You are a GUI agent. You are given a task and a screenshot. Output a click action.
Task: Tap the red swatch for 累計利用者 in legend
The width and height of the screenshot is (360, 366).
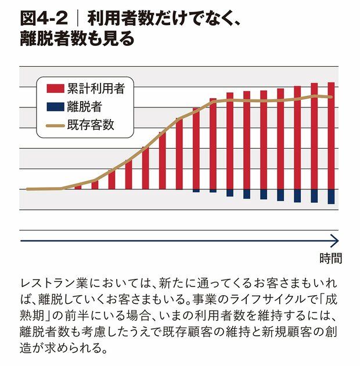[x=55, y=88]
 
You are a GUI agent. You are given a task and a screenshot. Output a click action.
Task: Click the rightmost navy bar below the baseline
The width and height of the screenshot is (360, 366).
[x=331, y=196]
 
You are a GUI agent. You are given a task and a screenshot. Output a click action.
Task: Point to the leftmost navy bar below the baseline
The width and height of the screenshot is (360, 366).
[x=196, y=191]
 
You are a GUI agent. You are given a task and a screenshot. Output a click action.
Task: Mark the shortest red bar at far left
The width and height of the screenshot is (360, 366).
[x=78, y=187]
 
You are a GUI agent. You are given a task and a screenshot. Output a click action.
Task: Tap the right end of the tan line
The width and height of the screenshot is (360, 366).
[x=332, y=97]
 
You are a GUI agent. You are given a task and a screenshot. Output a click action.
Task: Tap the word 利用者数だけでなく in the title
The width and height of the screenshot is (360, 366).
[x=162, y=18]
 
